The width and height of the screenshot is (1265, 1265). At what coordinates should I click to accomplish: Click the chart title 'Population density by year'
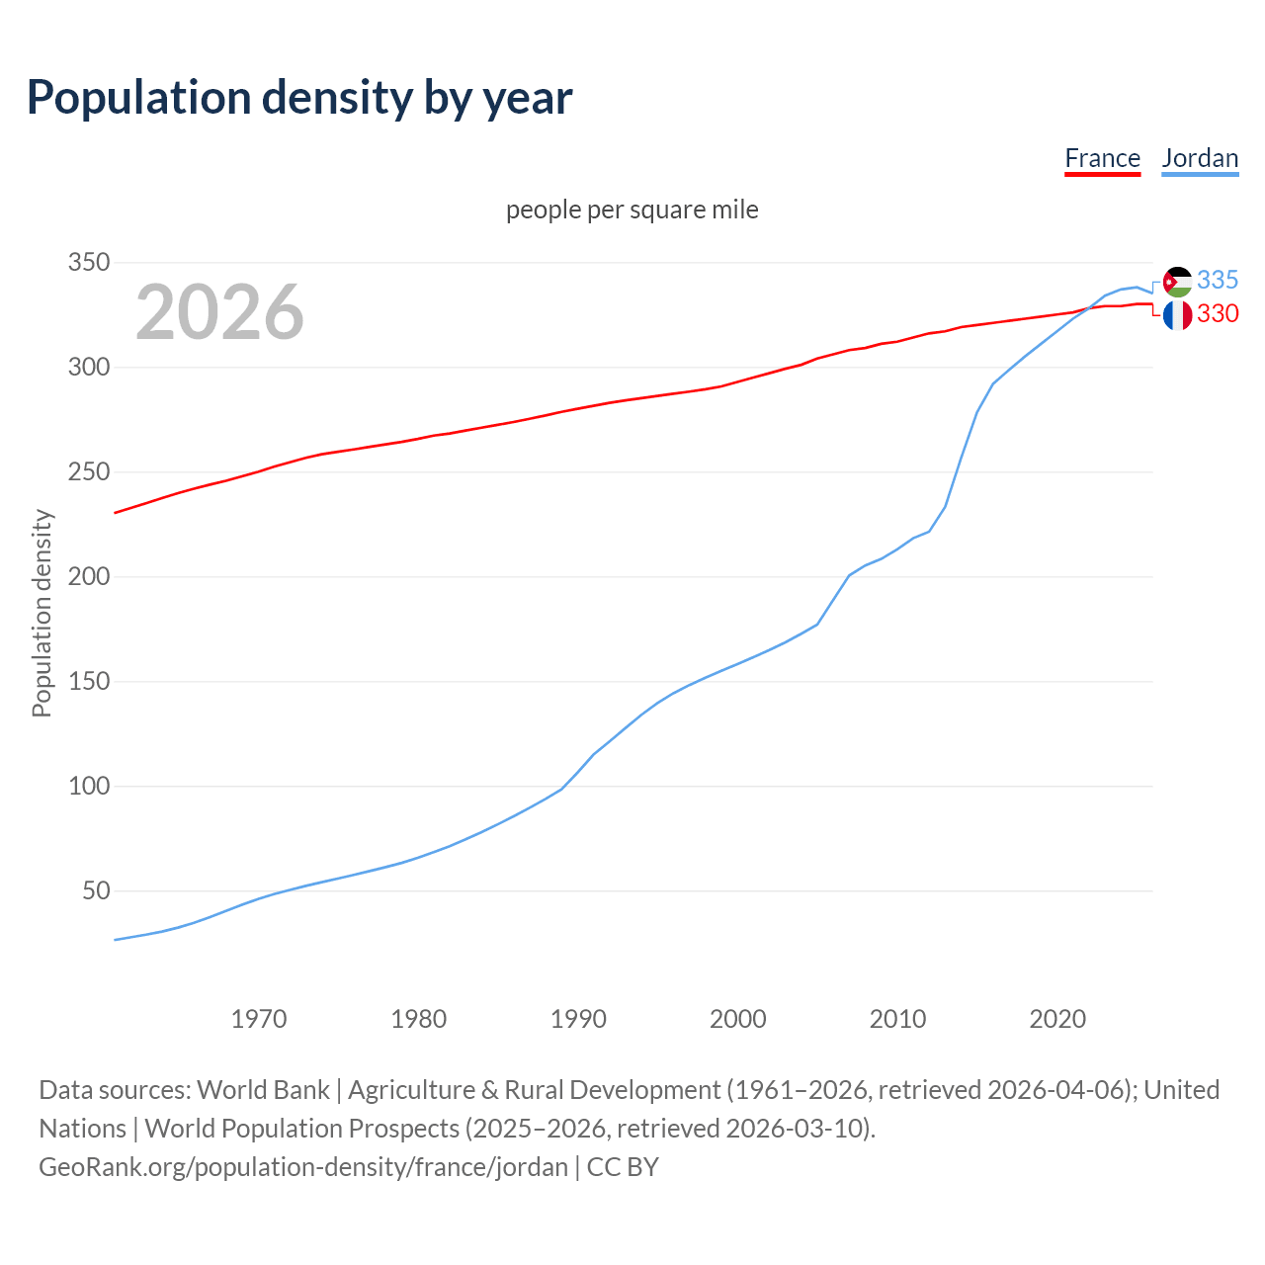coord(299,97)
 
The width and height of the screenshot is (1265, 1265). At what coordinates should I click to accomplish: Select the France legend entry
coord(1102,158)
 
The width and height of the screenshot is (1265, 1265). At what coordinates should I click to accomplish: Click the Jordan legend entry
coord(1200,158)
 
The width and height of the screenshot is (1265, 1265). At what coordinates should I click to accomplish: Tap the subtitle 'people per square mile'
coord(632,210)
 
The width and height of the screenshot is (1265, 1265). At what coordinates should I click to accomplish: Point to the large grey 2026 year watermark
coord(219,312)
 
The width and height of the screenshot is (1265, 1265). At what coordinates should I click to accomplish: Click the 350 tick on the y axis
coord(88,263)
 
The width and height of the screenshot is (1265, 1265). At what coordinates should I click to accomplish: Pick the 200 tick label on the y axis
coord(88,577)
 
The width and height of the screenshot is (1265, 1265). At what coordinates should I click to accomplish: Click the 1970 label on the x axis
coord(259,1019)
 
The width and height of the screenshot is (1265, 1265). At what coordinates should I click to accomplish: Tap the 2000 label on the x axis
coord(737,1019)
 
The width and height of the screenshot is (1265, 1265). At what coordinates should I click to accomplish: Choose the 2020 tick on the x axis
coord(1057,1019)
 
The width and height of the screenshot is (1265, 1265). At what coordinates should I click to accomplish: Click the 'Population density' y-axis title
coord(42,613)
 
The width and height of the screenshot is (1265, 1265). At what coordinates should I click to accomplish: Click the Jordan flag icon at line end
coord(1177,282)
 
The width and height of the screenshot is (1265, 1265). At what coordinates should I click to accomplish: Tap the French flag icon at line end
coord(1177,315)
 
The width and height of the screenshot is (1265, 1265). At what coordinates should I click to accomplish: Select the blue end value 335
coord(1218,280)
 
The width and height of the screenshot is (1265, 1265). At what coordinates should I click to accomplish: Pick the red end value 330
coord(1218,313)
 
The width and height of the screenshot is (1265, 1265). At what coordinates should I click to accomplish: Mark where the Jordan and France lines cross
coord(1087,309)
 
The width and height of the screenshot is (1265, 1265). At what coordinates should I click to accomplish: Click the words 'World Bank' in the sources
coord(263,1090)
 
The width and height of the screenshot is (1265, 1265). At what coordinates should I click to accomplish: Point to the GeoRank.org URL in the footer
coord(303,1167)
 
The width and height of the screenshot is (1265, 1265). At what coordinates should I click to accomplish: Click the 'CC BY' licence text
coord(623,1167)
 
